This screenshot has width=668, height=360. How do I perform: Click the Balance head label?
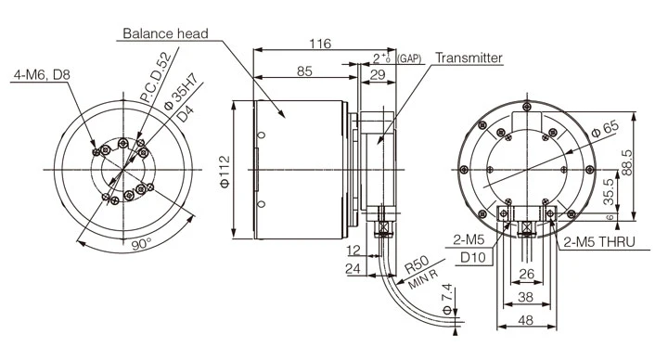point(165,33)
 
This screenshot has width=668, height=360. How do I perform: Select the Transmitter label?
point(469,58)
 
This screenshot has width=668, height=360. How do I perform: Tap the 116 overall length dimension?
point(320,44)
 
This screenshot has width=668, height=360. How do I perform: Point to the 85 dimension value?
point(304,71)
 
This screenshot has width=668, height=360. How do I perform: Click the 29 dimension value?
point(378,74)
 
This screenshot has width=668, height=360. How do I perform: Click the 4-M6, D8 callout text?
point(42,75)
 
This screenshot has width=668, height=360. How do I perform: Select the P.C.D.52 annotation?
point(156,77)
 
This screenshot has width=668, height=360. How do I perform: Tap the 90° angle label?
point(141,244)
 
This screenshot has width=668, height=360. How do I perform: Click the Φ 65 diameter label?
point(605,129)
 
